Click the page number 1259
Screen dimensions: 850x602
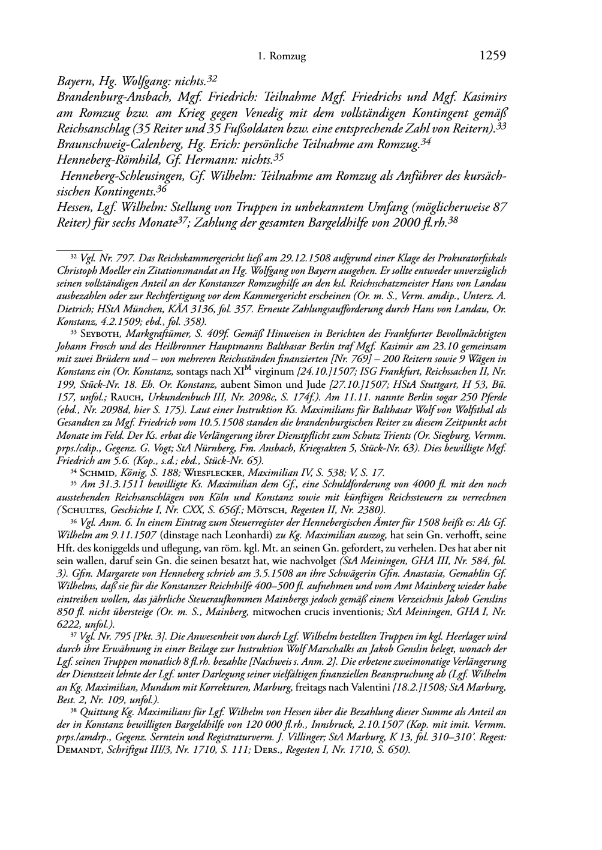pos(493,56)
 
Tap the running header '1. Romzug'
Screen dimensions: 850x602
pos(281,57)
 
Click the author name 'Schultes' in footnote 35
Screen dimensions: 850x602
pos(83,510)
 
